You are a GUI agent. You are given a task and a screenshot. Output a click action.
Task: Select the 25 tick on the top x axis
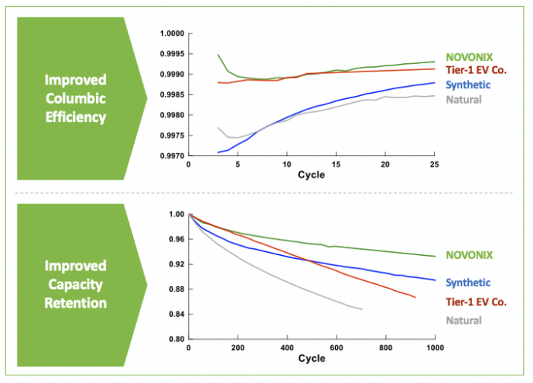[x=433, y=165]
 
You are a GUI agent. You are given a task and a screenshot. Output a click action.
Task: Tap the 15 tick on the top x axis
[x=335, y=165]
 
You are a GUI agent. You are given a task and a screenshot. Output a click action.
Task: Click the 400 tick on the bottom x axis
[x=288, y=349]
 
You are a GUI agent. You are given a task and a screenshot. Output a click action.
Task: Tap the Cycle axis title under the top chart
[x=311, y=175]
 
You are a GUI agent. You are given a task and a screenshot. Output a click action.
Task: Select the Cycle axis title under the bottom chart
[x=311, y=359]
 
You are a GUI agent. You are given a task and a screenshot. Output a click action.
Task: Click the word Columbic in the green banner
[x=75, y=99]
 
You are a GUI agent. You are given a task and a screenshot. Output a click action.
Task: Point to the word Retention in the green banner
[x=75, y=303]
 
